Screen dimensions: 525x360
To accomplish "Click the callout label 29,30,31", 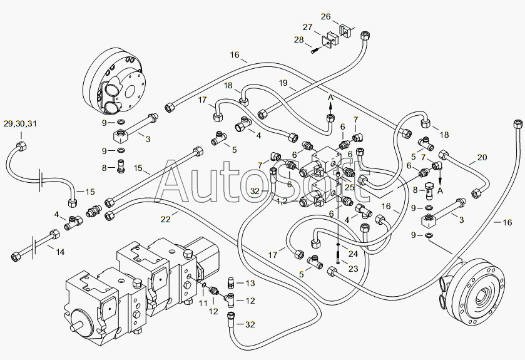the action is pos(20,124).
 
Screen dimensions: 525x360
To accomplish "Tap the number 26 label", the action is pos(326,16).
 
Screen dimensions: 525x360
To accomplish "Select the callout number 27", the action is pos(308,27).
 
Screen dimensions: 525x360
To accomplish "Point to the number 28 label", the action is pos(299,39).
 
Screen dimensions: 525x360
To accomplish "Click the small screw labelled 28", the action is pos(316,51).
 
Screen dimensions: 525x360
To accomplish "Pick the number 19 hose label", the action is pos(283,83).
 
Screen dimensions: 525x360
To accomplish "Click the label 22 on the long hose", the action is pos(165,219).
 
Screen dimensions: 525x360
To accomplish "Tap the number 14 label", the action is pos(60,252).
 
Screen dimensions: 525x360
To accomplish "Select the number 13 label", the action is pos(250,284).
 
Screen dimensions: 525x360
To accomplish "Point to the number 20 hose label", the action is pos(482,157).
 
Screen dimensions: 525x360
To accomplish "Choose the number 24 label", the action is pos(353,254).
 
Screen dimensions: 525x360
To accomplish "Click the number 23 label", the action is pos(353,269).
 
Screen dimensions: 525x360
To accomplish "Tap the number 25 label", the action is pos(350,187).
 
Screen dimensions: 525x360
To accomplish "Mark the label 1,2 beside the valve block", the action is pos(282,202).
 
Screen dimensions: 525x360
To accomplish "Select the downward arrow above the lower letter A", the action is pos(440,177).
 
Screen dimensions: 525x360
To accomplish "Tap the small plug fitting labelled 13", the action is pos(230,282).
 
